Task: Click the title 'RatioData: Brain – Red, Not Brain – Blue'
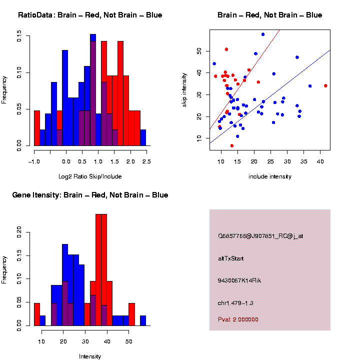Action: (90, 15)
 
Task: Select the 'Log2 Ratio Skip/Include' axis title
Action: (91, 176)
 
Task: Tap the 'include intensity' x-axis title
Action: (270, 176)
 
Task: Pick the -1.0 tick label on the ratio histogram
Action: (33, 161)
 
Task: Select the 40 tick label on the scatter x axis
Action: (320, 161)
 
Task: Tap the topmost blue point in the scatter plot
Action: (263, 34)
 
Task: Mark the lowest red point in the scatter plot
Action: (231, 145)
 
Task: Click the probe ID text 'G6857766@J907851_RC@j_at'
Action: (260, 236)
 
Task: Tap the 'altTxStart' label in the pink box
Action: (230, 258)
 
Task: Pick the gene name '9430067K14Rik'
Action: (239, 280)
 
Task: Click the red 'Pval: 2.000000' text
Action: (238, 319)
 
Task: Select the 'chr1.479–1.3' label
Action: (237, 303)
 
